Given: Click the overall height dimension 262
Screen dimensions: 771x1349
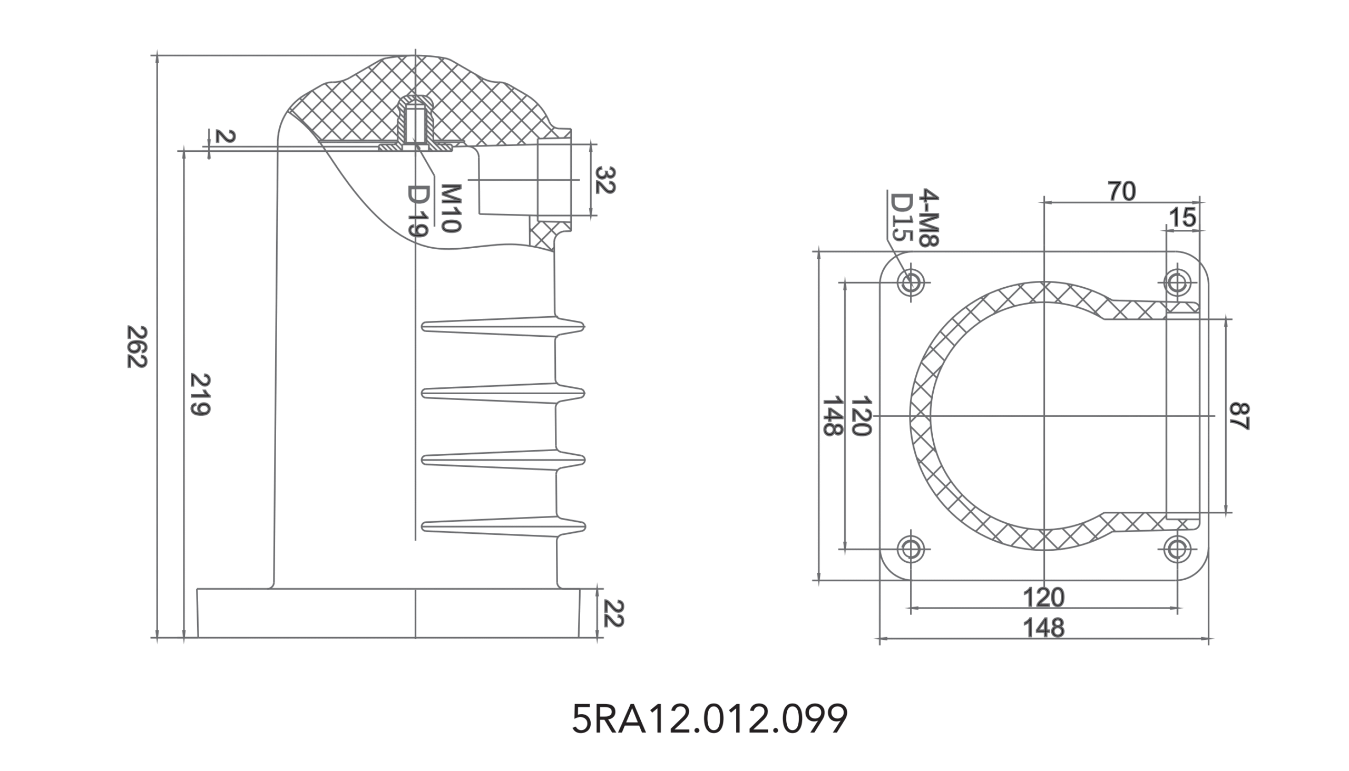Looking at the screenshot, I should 136,347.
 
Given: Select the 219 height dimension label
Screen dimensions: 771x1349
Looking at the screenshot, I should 200,395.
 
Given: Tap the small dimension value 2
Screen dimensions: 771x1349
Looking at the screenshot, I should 225,136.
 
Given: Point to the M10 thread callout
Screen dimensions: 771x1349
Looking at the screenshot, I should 451,208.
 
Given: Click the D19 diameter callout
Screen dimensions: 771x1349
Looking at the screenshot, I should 417,211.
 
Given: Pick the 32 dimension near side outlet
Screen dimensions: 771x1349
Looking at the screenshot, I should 604,180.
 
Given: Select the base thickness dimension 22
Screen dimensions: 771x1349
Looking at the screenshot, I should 612,613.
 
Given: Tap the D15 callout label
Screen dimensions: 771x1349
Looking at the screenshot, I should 901,218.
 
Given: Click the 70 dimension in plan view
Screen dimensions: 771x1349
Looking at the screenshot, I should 1121,191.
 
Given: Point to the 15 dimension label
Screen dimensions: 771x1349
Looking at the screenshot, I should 1182,218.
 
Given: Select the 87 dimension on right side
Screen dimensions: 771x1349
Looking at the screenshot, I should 1239,416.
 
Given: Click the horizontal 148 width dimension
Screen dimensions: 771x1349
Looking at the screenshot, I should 1043,628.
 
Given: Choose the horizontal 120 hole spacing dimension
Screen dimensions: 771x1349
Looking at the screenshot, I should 1043,597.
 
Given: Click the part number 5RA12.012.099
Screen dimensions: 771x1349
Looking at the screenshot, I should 709,719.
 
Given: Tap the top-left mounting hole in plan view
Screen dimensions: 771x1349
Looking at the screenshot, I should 911,282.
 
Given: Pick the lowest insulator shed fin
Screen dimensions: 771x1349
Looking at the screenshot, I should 503,526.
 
